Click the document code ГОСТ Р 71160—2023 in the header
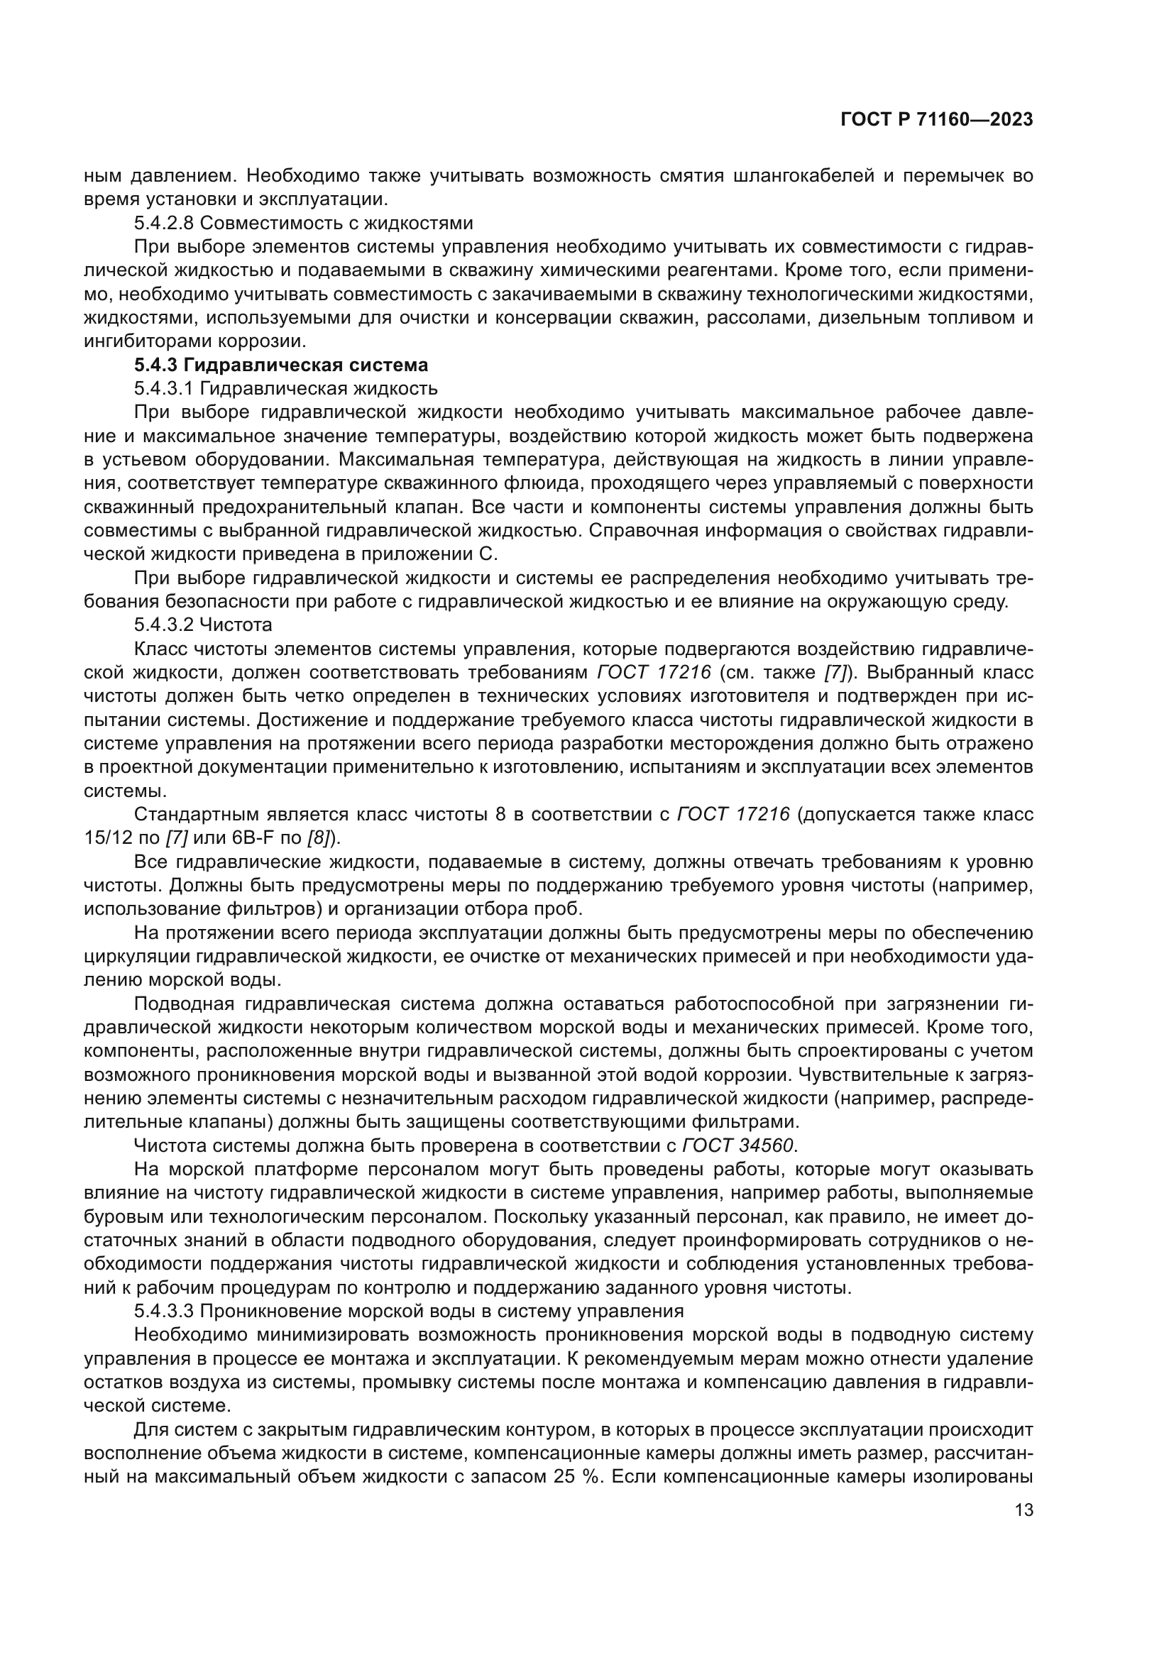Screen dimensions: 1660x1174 click(936, 120)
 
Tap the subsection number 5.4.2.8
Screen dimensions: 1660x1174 click(163, 223)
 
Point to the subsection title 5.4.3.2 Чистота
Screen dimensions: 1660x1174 click(203, 625)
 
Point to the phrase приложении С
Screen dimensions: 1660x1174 click(436, 554)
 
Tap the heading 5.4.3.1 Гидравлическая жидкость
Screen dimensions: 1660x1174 click(285, 388)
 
